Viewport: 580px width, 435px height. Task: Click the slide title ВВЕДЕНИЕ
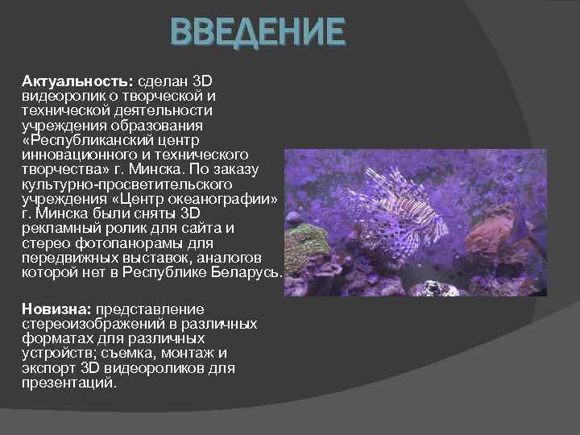click(258, 34)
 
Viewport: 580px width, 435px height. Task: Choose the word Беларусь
click(241, 272)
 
